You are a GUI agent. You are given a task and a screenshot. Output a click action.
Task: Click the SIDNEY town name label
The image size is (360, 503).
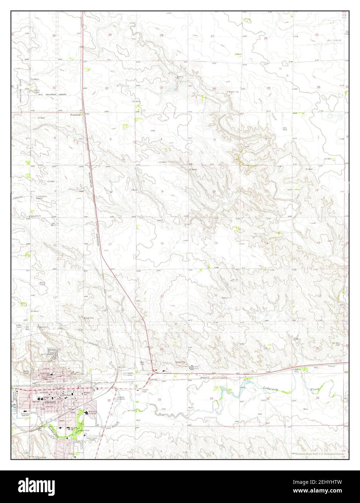47,402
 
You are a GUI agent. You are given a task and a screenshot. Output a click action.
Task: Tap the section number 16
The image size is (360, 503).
162,243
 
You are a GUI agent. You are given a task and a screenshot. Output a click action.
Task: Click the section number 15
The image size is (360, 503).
216,243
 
